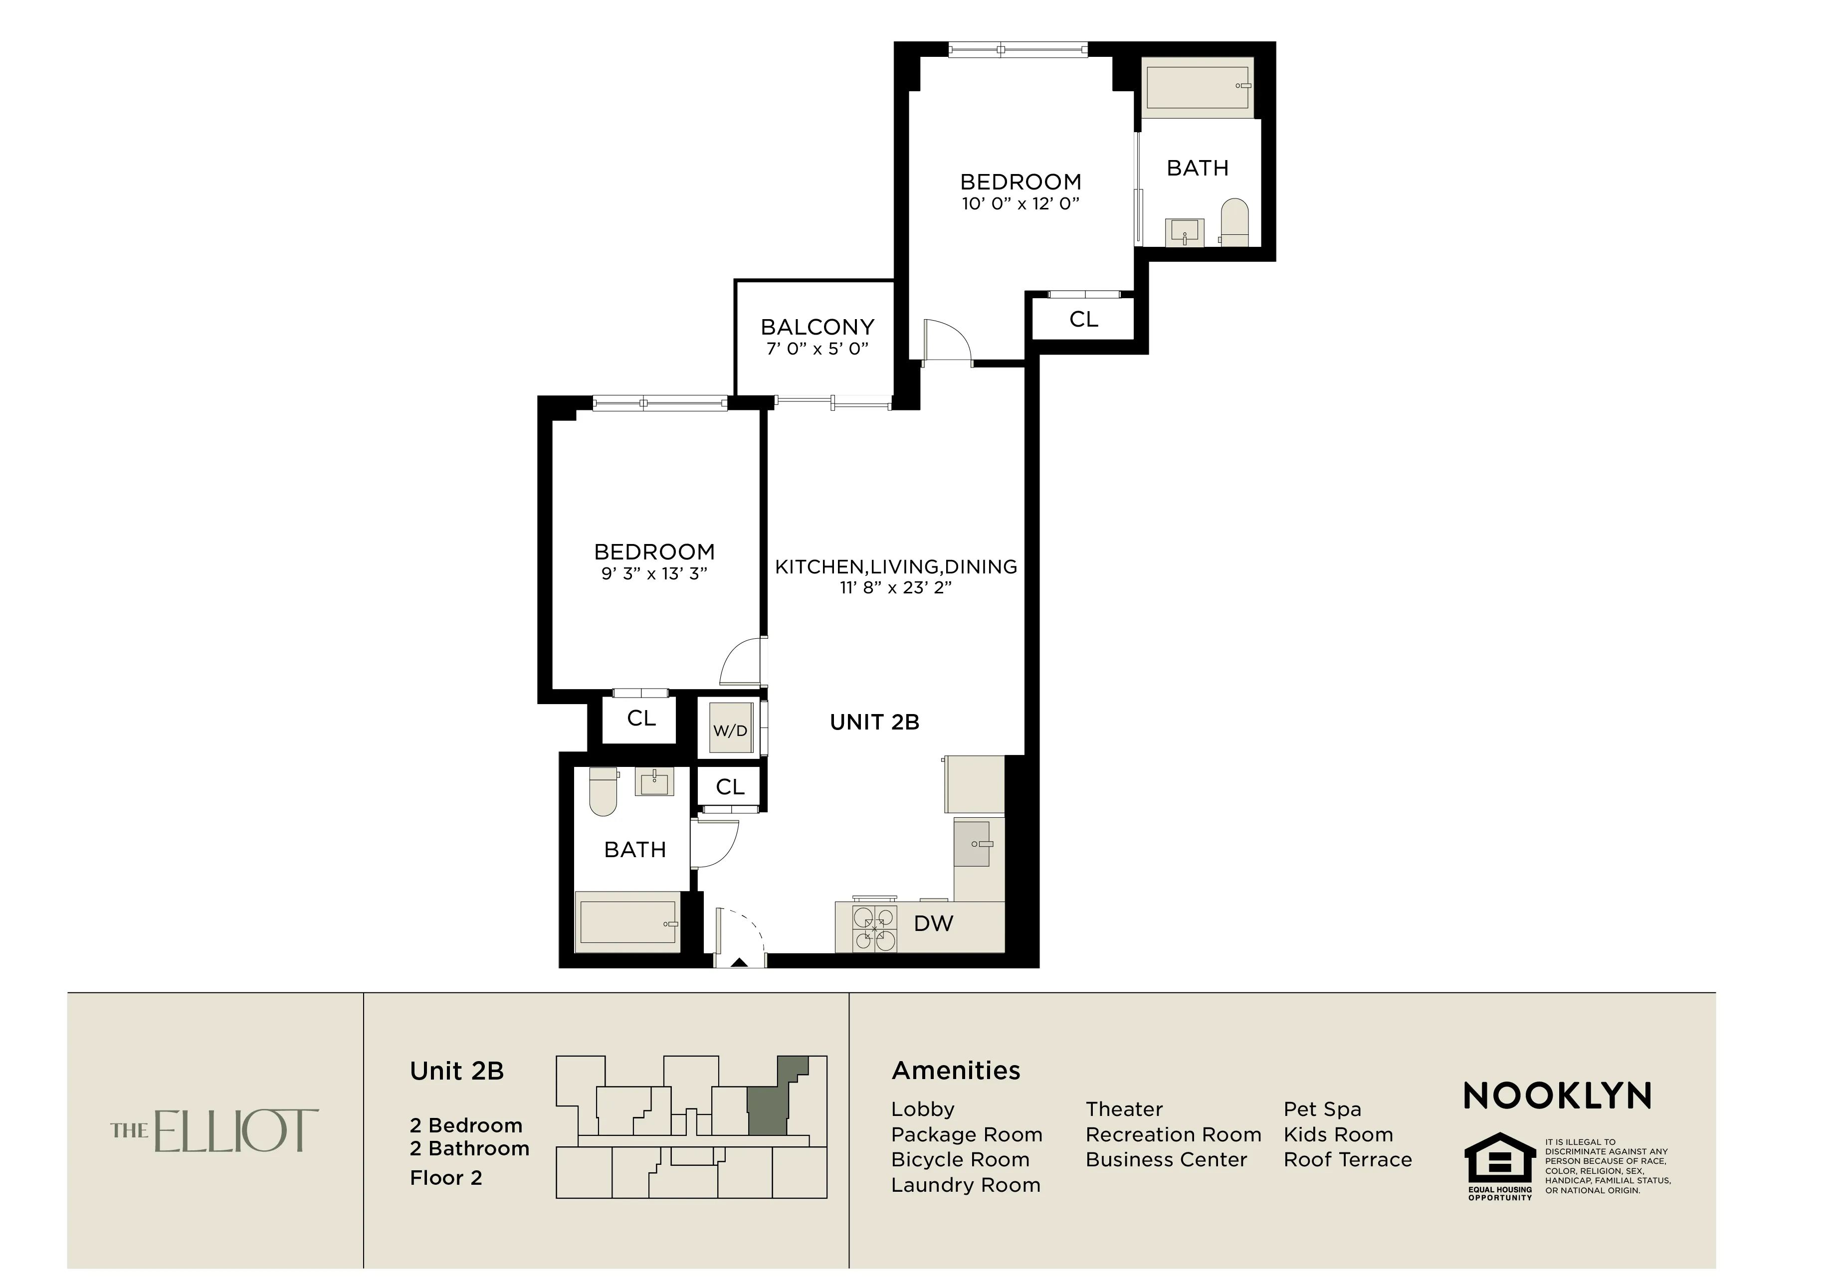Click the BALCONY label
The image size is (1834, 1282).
[816, 327]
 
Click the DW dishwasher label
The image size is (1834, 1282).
[933, 923]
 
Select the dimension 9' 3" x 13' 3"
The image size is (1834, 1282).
[654, 573]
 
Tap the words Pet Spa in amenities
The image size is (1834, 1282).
[1322, 1109]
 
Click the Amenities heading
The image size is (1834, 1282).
[955, 1071]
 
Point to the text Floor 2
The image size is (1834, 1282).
[446, 1178]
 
